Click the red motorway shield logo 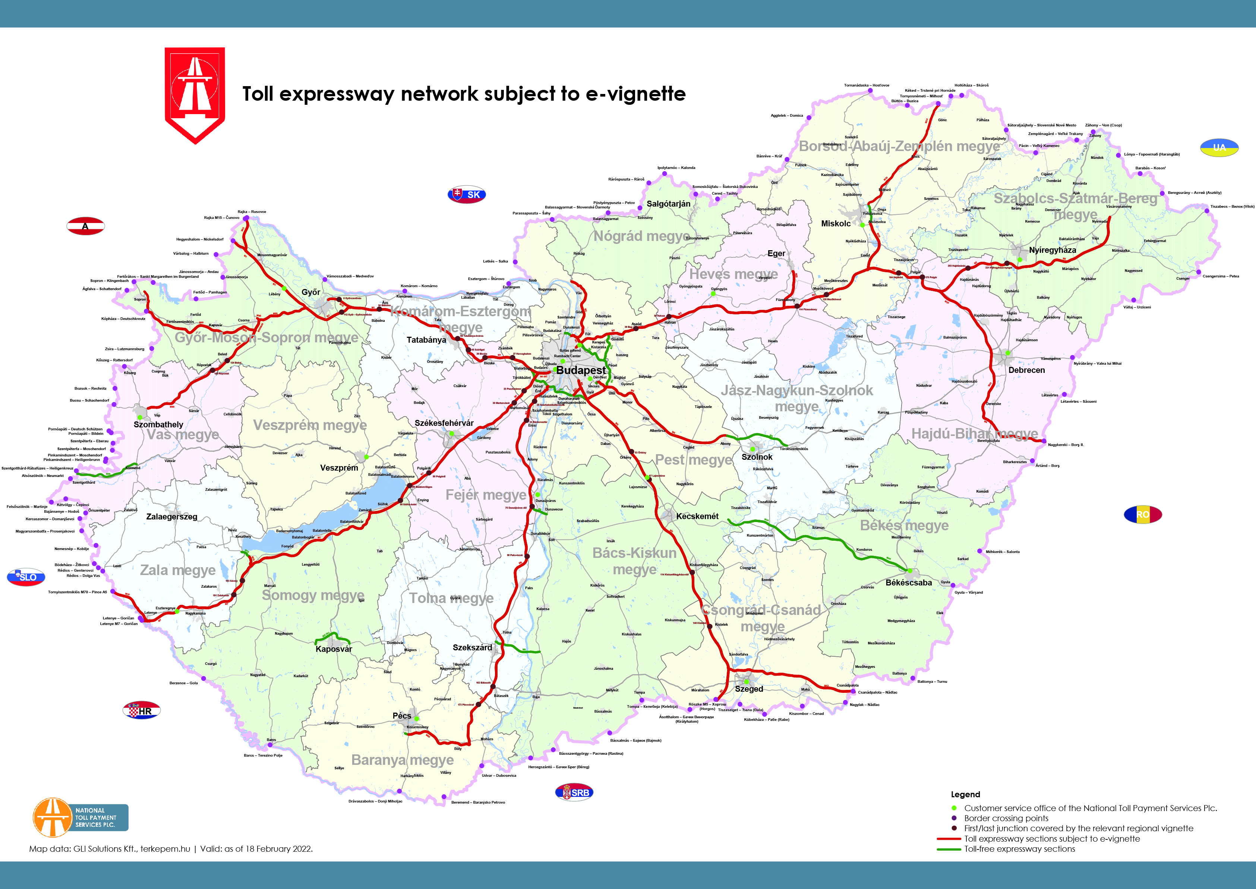pyautogui.click(x=195, y=95)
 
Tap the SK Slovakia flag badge pyautogui.click(x=467, y=194)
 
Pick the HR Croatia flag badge pyautogui.click(x=142, y=710)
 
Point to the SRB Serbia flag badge pyautogui.click(x=574, y=792)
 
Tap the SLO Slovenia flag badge pyautogui.click(x=26, y=577)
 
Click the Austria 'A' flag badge pyautogui.click(x=85, y=226)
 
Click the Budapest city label pyautogui.click(x=581, y=370)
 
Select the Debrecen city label pyautogui.click(x=1026, y=370)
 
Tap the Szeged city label pyautogui.click(x=748, y=689)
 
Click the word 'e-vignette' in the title pyautogui.click(x=635, y=94)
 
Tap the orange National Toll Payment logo pyautogui.click(x=53, y=817)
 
